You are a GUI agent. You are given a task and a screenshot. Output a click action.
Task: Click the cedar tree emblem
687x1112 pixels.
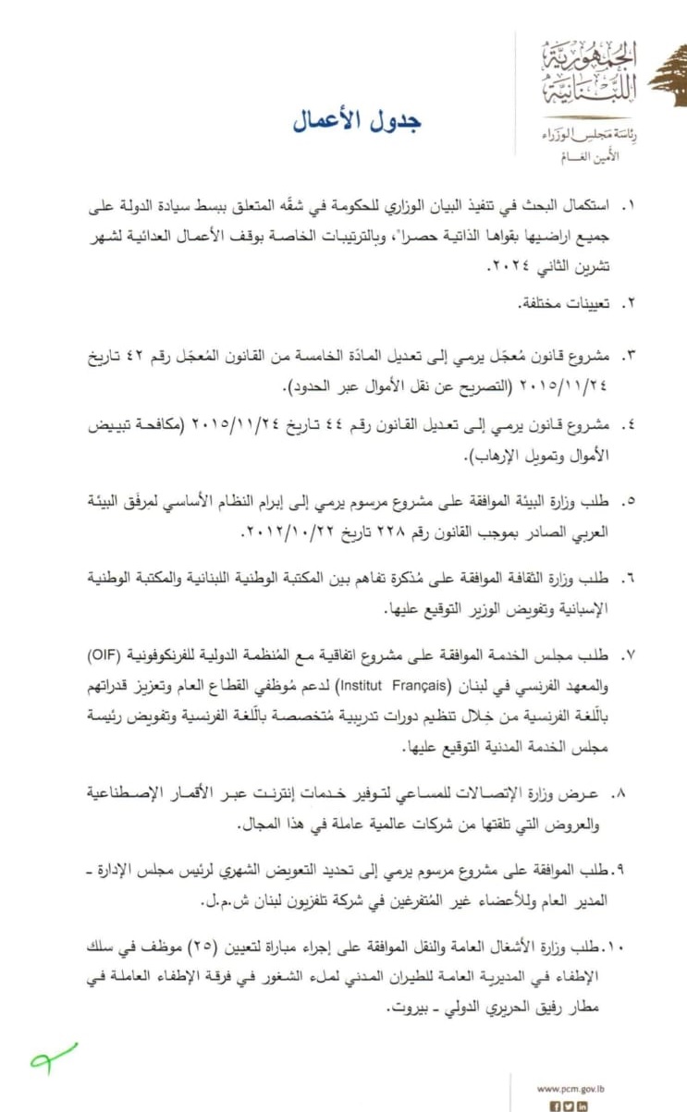(x=668, y=79)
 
